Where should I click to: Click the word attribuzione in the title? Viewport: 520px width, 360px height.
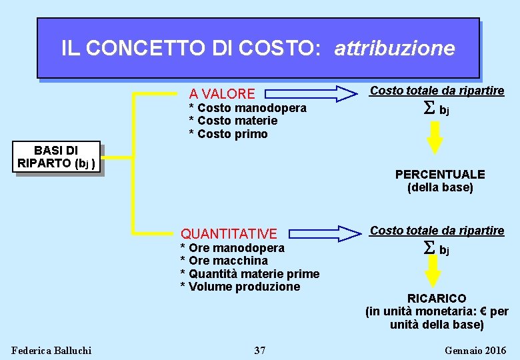click(x=395, y=49)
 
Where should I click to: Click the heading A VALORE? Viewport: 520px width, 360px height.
click(x=222, y=94)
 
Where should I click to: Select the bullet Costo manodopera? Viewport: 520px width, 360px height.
click(x=248, y=108)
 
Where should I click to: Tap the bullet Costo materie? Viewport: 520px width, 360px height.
click(x=233, y=121)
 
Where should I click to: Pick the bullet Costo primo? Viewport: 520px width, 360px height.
click(x=229, y=134)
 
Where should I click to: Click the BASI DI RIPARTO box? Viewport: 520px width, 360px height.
click(x=58, y=158)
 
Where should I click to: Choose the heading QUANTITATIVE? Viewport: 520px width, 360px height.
click(x=229, y=233)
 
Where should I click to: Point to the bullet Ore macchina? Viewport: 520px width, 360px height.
click(x=224, y=261)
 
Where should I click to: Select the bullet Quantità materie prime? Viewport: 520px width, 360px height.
click(x=250, y=274)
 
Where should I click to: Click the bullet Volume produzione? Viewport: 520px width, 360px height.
click(x=241, y=287)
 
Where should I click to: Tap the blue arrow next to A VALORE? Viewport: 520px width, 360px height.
click(x=337, y=93)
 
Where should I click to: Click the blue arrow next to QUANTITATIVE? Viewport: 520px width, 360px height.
click(x=337, y=233)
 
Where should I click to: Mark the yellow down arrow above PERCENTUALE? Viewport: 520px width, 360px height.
click(x=435, y=137)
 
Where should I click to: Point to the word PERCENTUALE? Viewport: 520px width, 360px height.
click(x=440, y=175)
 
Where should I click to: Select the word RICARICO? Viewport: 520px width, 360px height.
click(x=437, y=298)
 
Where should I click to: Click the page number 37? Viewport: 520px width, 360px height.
click(x=260, y=350)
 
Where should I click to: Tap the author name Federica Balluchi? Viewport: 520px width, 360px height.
click(x=52, y=350)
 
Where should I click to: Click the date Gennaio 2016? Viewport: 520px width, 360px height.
click(x=475, y=350)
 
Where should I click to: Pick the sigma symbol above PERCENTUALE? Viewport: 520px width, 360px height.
click(x=429, y=109)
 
